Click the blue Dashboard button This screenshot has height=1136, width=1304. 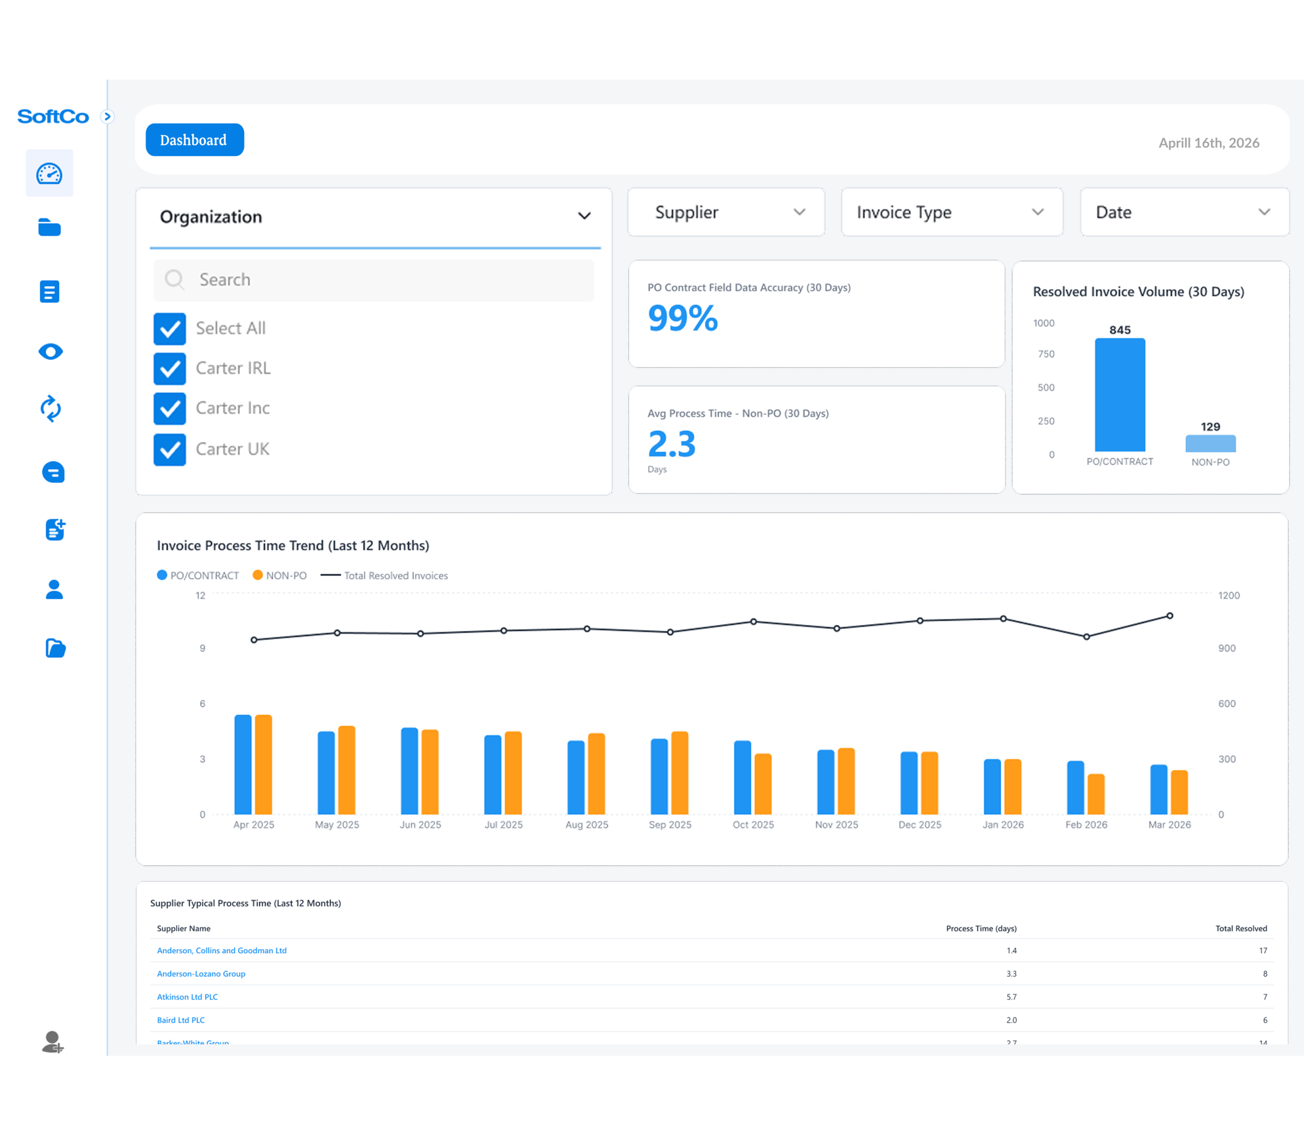(195, 140)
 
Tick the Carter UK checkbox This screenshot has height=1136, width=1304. (170, 450)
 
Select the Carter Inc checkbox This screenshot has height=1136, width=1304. (170, 409)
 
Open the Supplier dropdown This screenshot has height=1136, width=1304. (726, 213)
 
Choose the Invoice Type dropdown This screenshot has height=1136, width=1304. (951, 213)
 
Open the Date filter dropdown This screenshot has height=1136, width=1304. (1184, 213)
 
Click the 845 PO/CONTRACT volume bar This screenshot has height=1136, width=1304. (1120, 395)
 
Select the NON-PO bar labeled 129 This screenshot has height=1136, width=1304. (1210, 443)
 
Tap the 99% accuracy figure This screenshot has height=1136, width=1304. (683, 318)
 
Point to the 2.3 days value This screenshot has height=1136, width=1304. (672, 444)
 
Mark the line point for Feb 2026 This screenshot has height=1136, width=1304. (1086, 637)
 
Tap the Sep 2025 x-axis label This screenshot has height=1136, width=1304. (670, 825)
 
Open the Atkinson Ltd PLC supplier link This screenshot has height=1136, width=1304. (187, 996)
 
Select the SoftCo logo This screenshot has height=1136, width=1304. (53, 117)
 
